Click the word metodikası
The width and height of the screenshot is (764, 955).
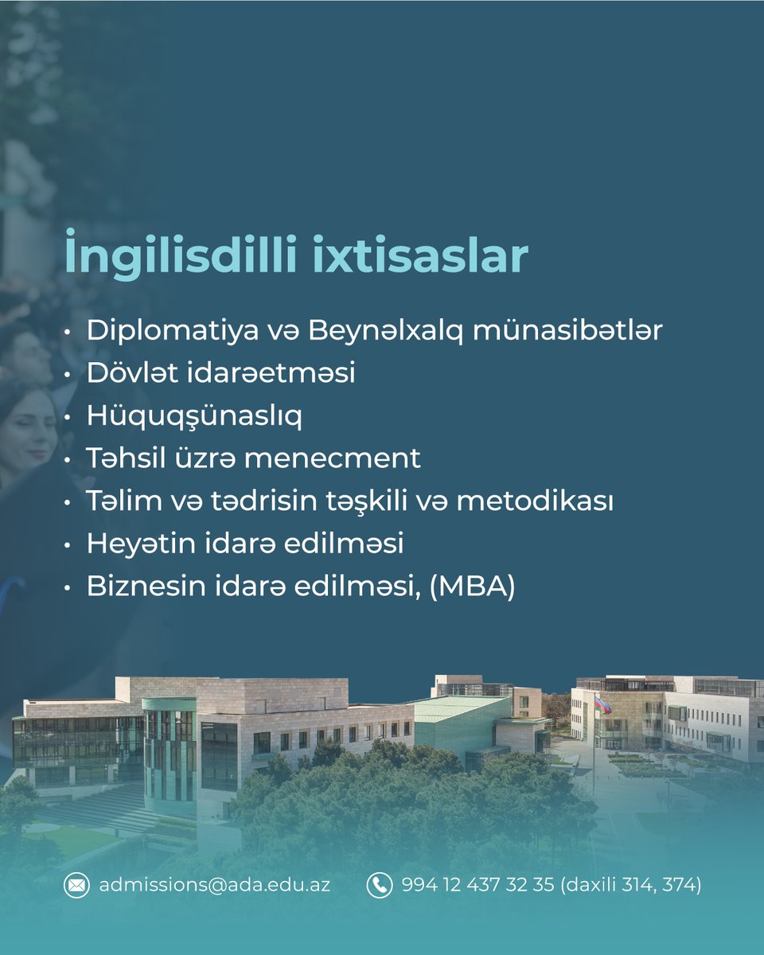click(535, 501)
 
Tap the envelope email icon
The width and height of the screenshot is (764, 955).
click(76, 885)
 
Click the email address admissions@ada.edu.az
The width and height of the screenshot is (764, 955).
click(214, 885)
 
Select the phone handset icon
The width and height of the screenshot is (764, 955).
click(380, 885)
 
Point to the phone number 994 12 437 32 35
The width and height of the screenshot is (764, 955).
click(477, 885)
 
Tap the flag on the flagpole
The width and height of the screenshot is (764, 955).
click(603, 704)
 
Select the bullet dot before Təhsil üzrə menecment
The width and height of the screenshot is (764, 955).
click(69, 459)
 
